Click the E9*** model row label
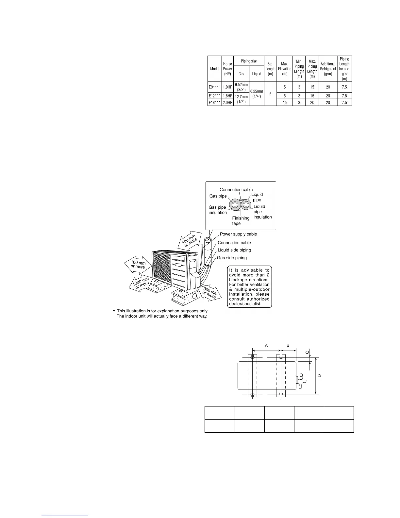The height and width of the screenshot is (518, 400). pos(214,87)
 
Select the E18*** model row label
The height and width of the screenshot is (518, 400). pos(214,102)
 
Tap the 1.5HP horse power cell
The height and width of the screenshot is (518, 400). pos(227,96)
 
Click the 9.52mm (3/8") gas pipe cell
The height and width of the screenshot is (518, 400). pos(241,87)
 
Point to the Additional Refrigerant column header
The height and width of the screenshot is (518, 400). pos(328,69)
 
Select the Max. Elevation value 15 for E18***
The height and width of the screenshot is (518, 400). pos(285,102)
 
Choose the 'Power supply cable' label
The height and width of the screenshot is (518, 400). pos(238,234)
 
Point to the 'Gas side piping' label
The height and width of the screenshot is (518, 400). pos(232,258)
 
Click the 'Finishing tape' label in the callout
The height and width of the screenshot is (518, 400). pos(241,221)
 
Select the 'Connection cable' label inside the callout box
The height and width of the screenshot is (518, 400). pos(236,190)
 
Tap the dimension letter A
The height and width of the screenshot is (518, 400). pos(266,345)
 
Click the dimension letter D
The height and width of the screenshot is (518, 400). pos(320,375)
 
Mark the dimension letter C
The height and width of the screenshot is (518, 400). pos(307,352)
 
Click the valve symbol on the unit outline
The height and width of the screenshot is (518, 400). pos(301,381)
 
